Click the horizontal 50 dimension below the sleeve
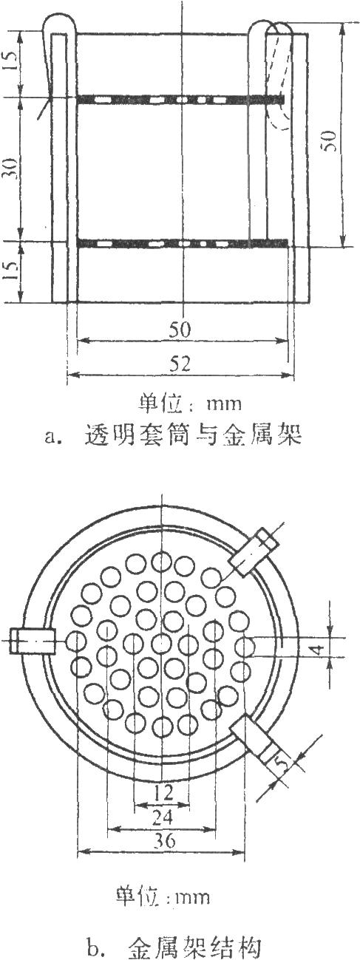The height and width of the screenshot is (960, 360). coord(180,330)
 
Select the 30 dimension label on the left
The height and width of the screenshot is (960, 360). coord(10,168)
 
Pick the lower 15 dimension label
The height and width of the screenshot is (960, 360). coord(10,270)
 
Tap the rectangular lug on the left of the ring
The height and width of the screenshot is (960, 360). coord(33,641)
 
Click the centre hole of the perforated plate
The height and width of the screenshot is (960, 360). coord(162,643)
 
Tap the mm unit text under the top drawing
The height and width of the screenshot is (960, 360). coord(224,404)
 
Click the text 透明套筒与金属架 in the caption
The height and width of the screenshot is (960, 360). coord(193,435)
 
